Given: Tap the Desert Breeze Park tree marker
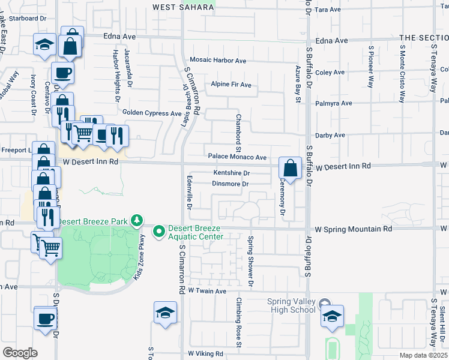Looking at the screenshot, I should (137, 221).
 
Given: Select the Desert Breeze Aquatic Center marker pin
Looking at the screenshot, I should (159, 230).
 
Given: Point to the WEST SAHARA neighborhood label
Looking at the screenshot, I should (183, 7).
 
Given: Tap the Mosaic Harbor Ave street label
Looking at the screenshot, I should (218, 61).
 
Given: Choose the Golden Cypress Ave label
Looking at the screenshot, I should (151, 113).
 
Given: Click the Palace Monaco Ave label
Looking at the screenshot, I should (237, 157).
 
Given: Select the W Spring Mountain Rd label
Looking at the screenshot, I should (354, 229).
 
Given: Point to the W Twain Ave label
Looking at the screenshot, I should (206, 291).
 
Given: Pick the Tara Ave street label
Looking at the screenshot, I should (327, 10).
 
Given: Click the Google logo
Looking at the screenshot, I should (20, 353).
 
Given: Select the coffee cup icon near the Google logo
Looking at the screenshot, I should (45, 318).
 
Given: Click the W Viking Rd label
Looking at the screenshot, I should (206, 354).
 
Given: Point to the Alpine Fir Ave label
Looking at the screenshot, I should (231, 85).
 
